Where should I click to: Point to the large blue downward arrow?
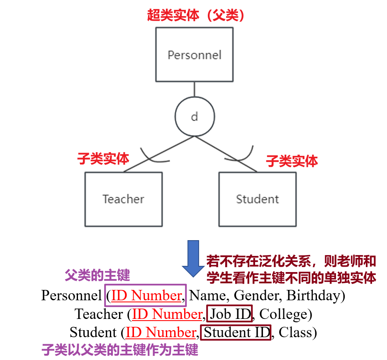point(193,258)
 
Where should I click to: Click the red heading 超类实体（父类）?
point(195,15)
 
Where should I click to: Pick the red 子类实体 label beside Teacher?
point(103,158)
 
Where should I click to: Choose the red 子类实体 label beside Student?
point(292,161)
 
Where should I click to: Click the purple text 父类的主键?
point(97,275)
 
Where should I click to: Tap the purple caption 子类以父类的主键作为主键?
point(120,350)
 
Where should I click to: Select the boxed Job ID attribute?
point(229,314)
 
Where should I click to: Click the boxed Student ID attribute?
point(236,332)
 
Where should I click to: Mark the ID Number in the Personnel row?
point(146,295)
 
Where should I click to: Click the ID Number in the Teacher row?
point(167,314)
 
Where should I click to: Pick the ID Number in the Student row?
point(161,332)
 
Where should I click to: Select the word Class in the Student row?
point(295,332)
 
